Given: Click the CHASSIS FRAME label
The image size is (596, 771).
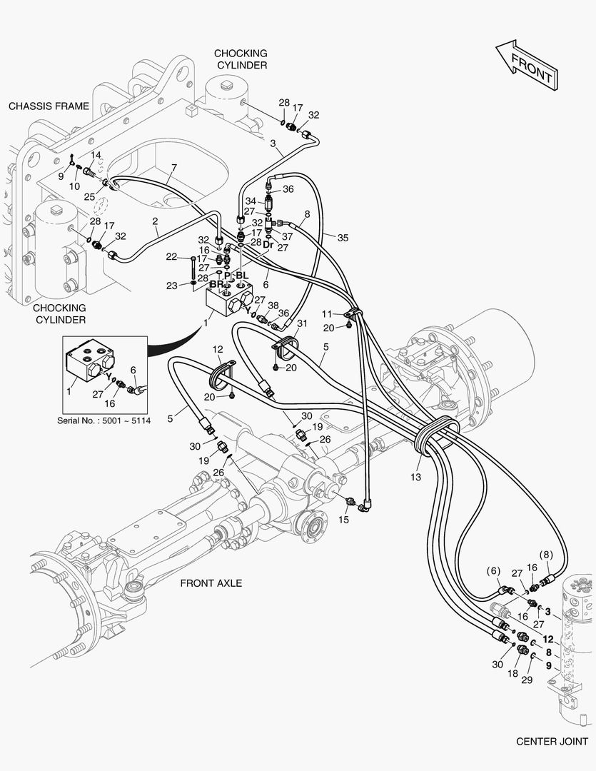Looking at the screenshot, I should pyautogui.click(x=49, y=106).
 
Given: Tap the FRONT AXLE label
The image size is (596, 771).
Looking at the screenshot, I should pyautogui.click(x=211, y=583).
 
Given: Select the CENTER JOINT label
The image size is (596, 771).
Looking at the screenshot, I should pyautogui.click(x=552, y=741).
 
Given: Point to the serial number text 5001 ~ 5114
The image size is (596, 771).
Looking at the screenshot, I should pyautogui.click(x=104, y=420).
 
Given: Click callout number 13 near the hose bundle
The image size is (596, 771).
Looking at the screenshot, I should pyautogui.click(x=416, y=476).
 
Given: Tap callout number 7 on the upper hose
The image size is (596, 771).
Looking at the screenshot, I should pyautogui.click(x=173, y=169).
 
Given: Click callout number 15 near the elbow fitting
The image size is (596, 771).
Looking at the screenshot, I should pyautogui.click(x=344, y=520).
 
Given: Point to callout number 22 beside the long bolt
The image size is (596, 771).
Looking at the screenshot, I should pyautogui.click(x=171, y=257).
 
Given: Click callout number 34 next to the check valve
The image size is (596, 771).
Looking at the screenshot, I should pyautogui.click(x=250, y=201).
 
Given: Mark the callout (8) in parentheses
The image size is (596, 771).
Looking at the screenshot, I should pyautogui.click(x=545, y=554).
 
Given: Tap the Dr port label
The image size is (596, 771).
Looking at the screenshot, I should pyautogui.click(x=268, y=245).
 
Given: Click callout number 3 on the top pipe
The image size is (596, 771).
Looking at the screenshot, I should pyautogui.click(x=273, y=143).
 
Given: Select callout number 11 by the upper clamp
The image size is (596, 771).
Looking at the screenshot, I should pyautogui.click(x=327, y=313).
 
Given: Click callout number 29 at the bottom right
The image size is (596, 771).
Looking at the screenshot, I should pyautogui.click(x=527, y=680).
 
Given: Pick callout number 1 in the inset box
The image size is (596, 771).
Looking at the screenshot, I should pyautogui.click(x=70, y=391).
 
